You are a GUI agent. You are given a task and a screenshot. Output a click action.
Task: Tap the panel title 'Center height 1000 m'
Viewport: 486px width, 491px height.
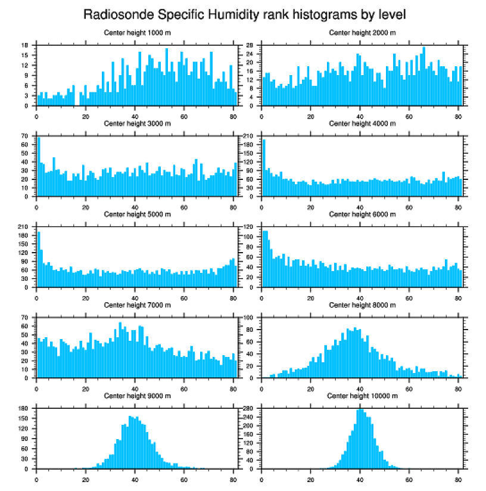pyautogui.click(x=138, y=32)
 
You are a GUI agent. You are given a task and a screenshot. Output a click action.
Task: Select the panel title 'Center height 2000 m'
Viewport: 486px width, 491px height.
pyautogui.click(x=362, y=32)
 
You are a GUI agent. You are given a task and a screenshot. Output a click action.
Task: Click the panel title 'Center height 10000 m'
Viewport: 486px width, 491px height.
pyautogui.click(x=362, y=396)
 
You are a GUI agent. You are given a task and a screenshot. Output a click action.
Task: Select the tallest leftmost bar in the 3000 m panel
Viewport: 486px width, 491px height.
pyautogui.click(x=39, y=167)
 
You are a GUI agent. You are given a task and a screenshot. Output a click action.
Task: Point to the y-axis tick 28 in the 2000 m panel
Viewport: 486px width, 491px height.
pyautogui.click(x=251, y=45)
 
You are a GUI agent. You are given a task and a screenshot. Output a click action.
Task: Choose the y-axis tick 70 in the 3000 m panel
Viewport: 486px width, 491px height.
pyautogui.click(x=25, y=136)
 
